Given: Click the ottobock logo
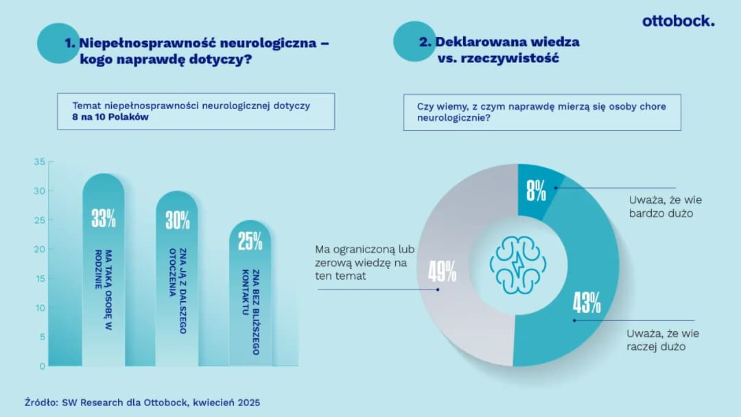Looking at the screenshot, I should pyautogui.click(x=678, y=21).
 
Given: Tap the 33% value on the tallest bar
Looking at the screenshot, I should pyautogui.click(x=104, y=219).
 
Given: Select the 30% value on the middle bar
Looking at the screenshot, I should pyautogui.click(x=177, y=220).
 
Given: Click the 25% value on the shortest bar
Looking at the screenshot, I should pyautogui.click(x=250, y=241).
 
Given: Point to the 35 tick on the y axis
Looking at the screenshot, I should pyautogui.click(x=39, y=162).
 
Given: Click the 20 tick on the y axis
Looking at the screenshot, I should pyautogui.click(x=39, y=250).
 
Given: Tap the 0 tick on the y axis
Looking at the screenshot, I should pyautogui.click(x=42, y=366).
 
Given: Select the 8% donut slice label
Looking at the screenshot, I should pyautogui.click(x=536, y=191).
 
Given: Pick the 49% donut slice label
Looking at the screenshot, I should pyautogui.click(x=443, y=272).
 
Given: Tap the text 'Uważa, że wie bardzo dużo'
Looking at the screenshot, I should pyautogui.click(x=665, y=206).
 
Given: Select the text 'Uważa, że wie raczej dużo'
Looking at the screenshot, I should pyautogui.click(x=662, y=340).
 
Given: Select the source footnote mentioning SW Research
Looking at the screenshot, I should pyautogui.click(x=142, y=402).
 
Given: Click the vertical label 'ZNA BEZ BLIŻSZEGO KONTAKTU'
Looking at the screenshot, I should pyautogui.click(x=250, y=311).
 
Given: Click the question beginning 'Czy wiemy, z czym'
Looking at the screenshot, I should pyautogui.click(x=541, y=112).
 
